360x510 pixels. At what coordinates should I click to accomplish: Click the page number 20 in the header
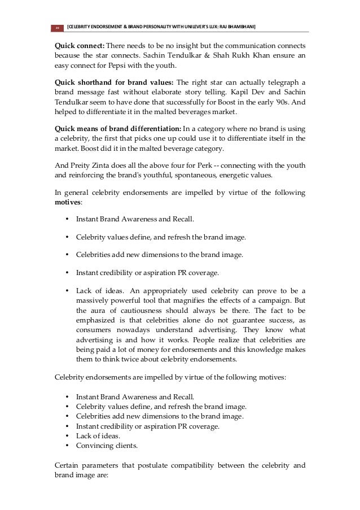pos(56,28)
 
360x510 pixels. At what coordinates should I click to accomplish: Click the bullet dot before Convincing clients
pos(68,446)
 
